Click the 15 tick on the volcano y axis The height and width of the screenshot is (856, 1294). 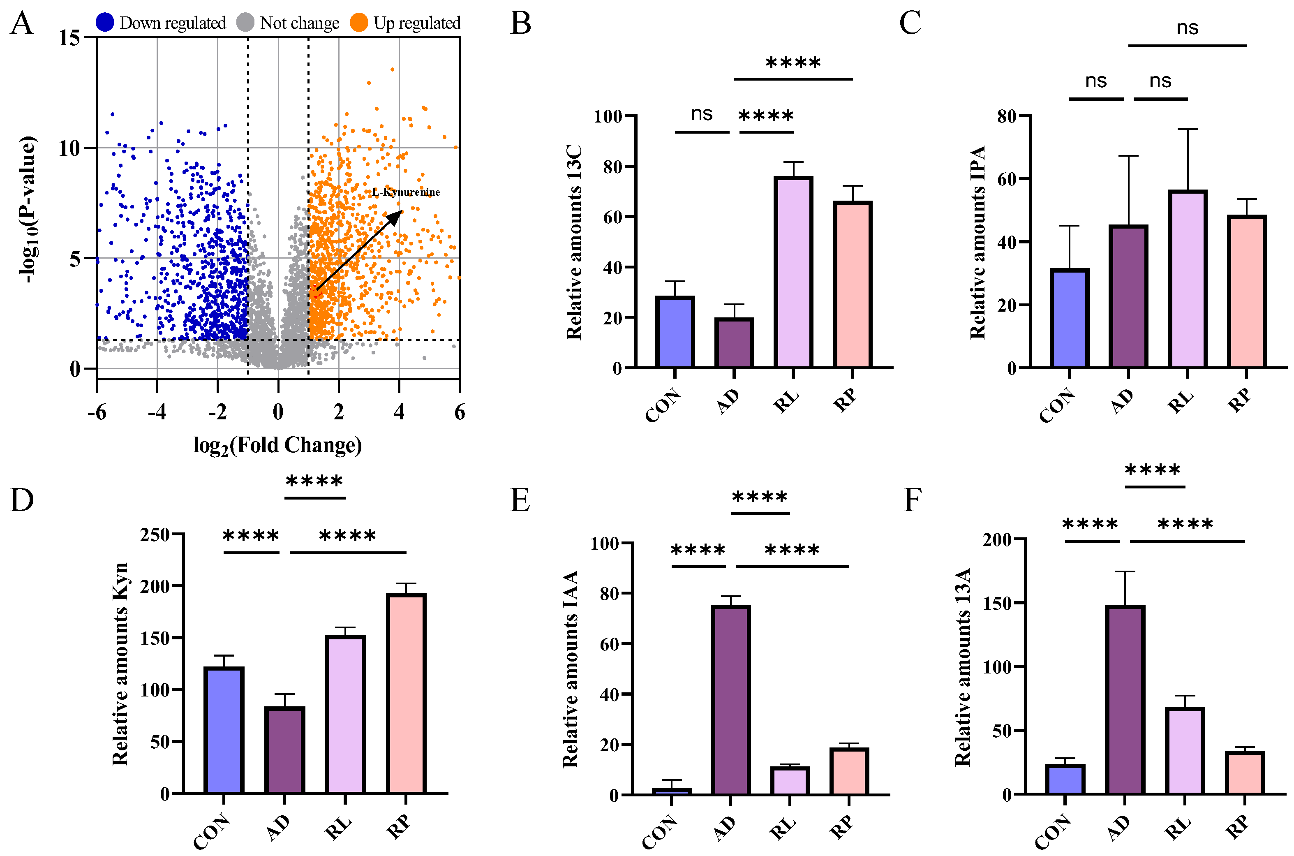point(69,38)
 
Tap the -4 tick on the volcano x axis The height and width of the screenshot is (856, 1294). point(157,412)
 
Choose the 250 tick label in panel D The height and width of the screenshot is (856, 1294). point(155,534)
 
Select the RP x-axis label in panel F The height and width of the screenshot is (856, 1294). point(1238,826)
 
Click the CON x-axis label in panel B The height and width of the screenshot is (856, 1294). point(663,405)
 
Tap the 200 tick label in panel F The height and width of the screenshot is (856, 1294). point(997,540)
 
